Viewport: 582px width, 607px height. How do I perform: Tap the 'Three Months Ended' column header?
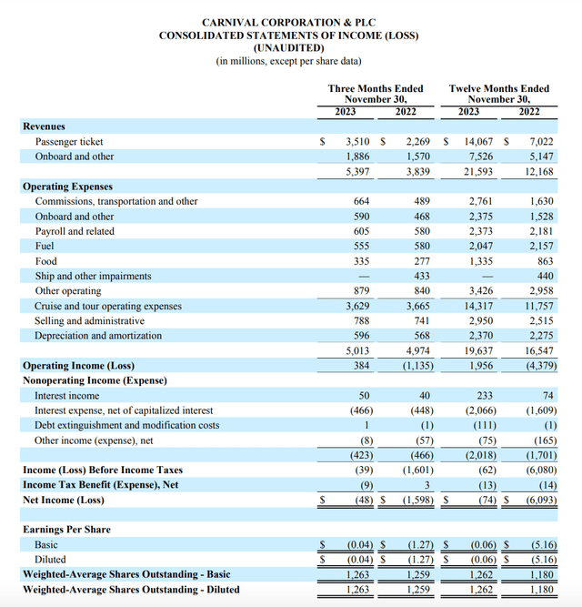pyautogui.click(x=376, y=88)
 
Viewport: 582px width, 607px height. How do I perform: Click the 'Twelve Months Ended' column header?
pyautogui.click(x=499, y=88)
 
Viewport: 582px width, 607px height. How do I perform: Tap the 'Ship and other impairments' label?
pyautogui.click(x=93, y=276)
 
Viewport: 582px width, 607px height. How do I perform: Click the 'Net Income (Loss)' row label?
pyautogui.click(x=64, y=500)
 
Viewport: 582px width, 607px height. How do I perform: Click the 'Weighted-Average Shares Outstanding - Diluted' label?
pyautogui.click(x=131, y=589)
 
